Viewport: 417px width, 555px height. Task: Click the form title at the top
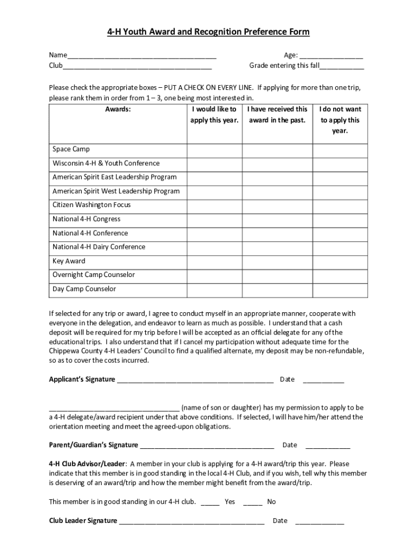(x=208, y=32)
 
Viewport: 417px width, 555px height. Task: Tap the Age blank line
(x=331, y=56)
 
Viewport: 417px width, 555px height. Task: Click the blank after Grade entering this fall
(x=342, y=67)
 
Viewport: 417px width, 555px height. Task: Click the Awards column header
(x=118, y=109)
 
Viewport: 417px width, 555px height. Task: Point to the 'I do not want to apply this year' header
(x=340, y=120)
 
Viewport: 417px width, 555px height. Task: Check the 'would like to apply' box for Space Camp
(x=214, y=150)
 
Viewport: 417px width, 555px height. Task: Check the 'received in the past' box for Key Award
(x=277, y=261)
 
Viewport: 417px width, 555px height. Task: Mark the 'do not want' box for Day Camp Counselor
(x=340, y=289)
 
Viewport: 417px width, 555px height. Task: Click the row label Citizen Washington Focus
(x=92, y=205)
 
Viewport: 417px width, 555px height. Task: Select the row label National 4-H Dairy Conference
(x=99, y=247)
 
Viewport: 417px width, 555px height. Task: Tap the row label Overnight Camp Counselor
(x=94, y=275)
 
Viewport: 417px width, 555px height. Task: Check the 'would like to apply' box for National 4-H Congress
(x=214, y=220)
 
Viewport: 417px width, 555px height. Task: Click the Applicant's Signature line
(x=195, y=380)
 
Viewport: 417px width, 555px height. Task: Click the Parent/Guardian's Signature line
(x=206, y=446)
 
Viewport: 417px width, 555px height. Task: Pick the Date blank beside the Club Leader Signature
(x=320, y=522)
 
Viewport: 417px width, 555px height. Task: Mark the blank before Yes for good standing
(x=210, y=503)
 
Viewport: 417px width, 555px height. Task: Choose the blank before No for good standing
(x=253, y=503)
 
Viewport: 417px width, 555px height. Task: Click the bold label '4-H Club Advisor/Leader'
(x=87, y=464)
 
